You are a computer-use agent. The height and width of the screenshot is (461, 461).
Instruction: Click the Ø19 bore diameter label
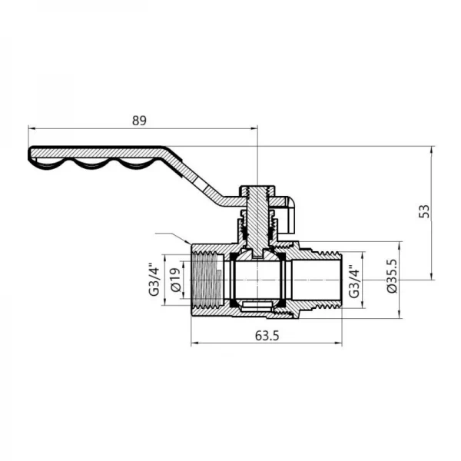coord(176,283)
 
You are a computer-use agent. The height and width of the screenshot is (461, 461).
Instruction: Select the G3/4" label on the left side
coord(154,283)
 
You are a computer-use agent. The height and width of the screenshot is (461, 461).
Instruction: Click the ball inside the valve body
coord(257,282)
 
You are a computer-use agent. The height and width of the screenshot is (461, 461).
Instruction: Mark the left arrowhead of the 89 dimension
coord(31,128)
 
